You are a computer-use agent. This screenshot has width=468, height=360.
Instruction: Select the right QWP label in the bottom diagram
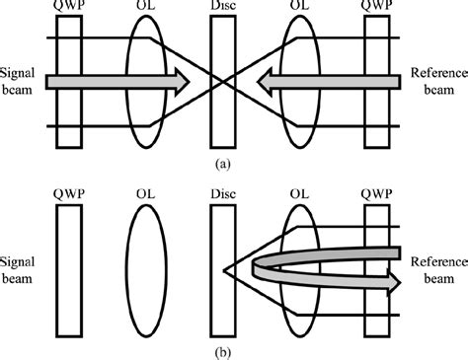coord(379,192)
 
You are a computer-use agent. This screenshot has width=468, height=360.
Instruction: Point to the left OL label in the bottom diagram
coord(147,192)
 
